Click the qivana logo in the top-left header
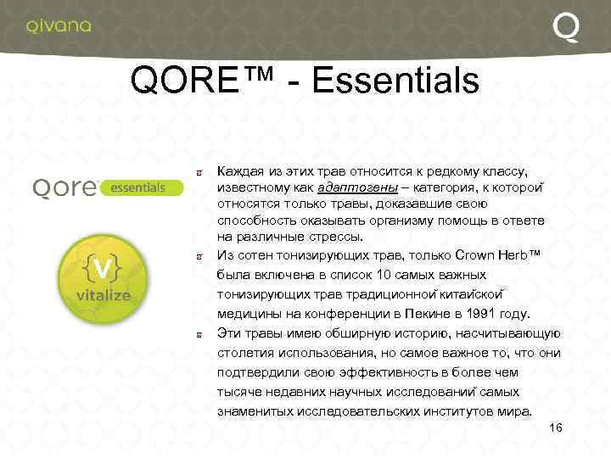coord(58,25)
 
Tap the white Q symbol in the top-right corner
coord(566,28)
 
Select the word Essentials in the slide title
coord(395,82)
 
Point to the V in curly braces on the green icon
coord(101,269)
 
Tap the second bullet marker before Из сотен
coord(199,255)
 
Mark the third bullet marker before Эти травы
coord(199,333)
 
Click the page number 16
coord(556,427)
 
